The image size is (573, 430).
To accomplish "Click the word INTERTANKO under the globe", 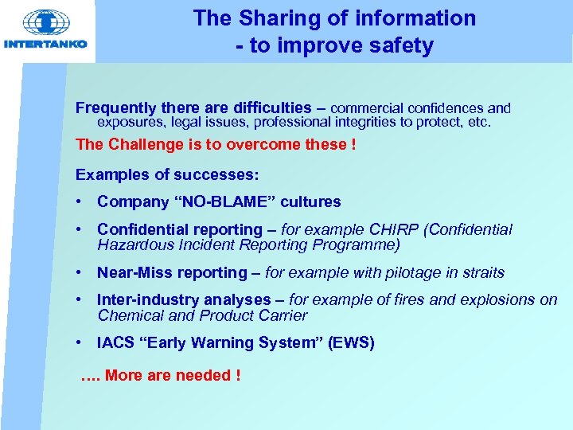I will [45, 44].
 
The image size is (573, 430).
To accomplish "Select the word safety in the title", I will [400, 46].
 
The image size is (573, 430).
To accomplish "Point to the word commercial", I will [366, 107].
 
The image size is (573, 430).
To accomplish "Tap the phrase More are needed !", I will [173, 375].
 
